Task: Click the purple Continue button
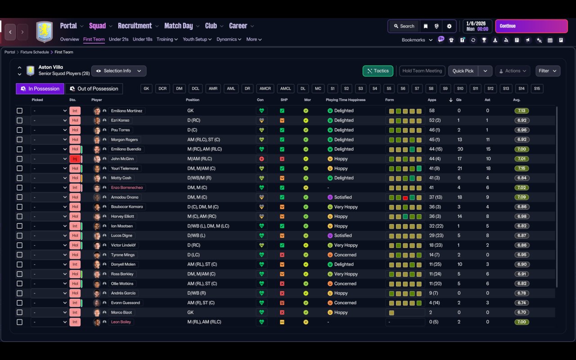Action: (531, 26)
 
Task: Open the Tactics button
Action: (378, 71)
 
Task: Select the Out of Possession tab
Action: (94, 89)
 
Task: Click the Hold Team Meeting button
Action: (422, 71)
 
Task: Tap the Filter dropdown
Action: (548, 71)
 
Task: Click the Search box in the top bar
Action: (403, 26)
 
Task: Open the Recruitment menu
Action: (135, 26)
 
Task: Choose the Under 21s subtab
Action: (119, 39)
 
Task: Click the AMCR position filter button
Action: (265, 89)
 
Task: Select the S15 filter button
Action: (537, 89)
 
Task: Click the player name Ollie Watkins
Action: (122, 283)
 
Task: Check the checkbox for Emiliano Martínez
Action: (19, 111)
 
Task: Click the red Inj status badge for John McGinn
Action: (75, 159)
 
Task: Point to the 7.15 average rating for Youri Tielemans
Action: (522, 168)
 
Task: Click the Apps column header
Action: (432, 100)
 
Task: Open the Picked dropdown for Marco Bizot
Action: (49, 312)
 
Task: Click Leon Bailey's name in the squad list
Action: (121, 322)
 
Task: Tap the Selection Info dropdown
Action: (119, 71)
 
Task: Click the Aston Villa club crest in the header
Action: (44, 32)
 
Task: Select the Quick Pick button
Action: (463, 71)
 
